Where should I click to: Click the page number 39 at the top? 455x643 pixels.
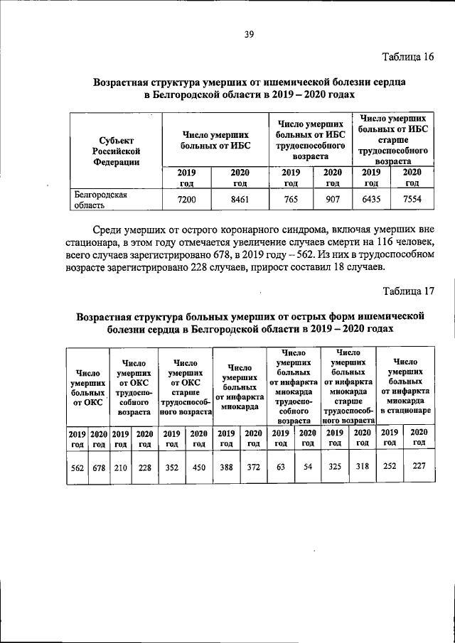pos(249,33)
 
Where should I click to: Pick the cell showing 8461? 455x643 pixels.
pos(241,200)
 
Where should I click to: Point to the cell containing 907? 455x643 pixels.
pos(332,200)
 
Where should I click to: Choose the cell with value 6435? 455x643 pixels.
pos(371,200)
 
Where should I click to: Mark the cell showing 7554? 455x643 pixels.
pos(412,200)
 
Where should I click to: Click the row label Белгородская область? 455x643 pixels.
pos(101,200)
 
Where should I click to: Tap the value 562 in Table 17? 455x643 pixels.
pos(77,468)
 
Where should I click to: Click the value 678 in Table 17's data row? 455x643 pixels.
pos(98,468)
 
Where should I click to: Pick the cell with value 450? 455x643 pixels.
pos(199,468)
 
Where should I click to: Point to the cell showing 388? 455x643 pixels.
pos(227,468)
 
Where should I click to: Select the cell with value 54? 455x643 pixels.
pos(308,468)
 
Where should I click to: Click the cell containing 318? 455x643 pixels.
pos(362,468)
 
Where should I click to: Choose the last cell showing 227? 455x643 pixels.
pos(419,468)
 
